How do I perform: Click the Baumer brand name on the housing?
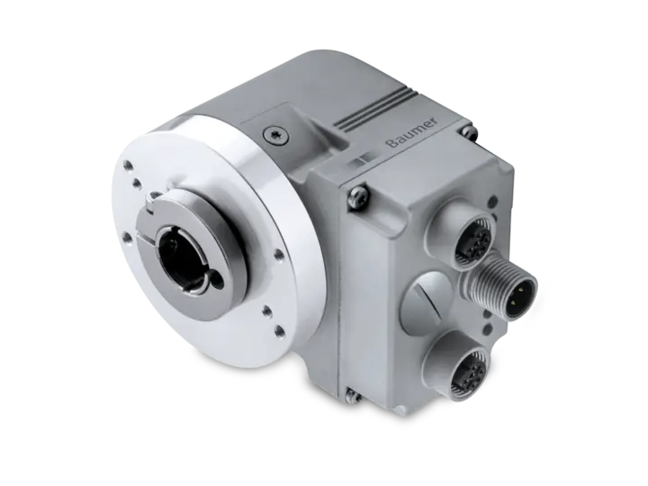tap(412, 133)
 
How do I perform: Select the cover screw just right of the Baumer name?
tap(470, 131)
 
